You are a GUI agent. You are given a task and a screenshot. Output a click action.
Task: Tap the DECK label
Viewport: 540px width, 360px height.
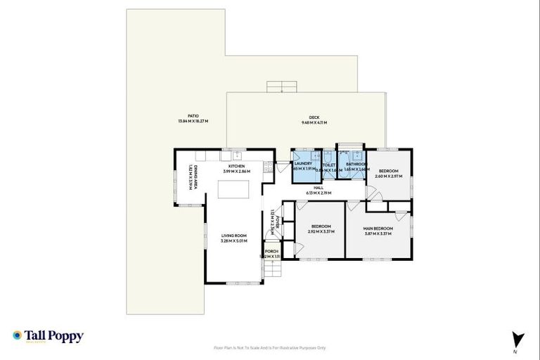click(x=314, y=117)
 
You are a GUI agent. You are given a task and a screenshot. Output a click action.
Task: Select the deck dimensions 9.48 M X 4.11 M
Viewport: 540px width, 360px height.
click(x=314, y=123)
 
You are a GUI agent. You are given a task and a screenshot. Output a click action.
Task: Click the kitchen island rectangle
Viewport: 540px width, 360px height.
click(x=232, y=191)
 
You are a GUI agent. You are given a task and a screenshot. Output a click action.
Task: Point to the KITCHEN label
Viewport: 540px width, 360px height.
click(x=236, y=166)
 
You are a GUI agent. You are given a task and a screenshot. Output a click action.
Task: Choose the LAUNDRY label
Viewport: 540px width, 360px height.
click(x=303, y=164)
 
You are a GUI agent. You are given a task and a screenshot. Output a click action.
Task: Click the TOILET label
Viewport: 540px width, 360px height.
click(x=328, y=165)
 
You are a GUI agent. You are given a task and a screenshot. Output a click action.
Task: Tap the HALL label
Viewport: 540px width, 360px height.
click(x=318, y=188)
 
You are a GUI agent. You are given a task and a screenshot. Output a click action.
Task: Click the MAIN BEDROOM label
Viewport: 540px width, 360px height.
click(x=378, y=229)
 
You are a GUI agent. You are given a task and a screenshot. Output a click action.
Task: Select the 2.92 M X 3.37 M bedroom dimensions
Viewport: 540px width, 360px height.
click(x=321, y=231)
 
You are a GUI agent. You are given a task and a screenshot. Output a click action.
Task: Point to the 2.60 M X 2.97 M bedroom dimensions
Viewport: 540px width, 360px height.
click(x=389, y=176)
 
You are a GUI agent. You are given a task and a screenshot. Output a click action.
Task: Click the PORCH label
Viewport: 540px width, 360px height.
click(x=271, y=251)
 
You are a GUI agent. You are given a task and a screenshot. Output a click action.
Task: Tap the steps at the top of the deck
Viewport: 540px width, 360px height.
click(x=281, y=86)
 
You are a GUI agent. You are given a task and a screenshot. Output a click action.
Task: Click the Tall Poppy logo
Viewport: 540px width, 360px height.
click(x=48, y=336)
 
